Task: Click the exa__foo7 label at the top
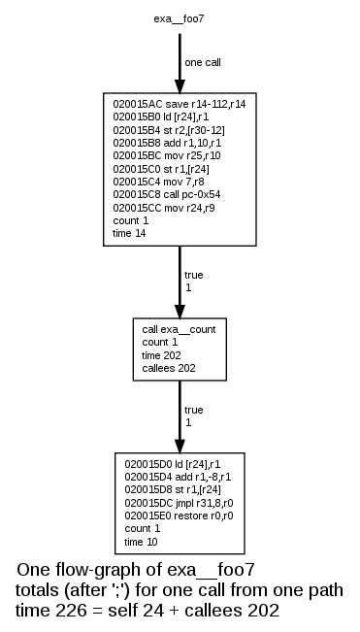click(x=179, y=18)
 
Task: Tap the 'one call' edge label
click(x=204, y=63)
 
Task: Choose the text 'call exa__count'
click(x=179, y=329)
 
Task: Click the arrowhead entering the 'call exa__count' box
click(x=180, y=311)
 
